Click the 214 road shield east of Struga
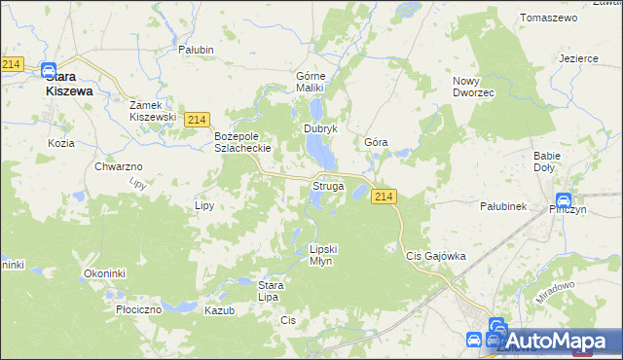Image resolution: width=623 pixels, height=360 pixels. [384, 197]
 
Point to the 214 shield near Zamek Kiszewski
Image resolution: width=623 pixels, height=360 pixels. [197, 119]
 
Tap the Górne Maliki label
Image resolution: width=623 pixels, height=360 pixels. [315, 81]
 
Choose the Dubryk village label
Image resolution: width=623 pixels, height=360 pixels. [320, 128]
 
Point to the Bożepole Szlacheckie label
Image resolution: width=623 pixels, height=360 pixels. [241, 142]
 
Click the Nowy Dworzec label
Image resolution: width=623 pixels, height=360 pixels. [474, 87]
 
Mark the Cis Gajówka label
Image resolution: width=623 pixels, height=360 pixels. [435, 256]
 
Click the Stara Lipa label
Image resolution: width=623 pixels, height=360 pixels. [270, 290]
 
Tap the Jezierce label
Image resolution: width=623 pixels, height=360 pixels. [578, 58]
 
